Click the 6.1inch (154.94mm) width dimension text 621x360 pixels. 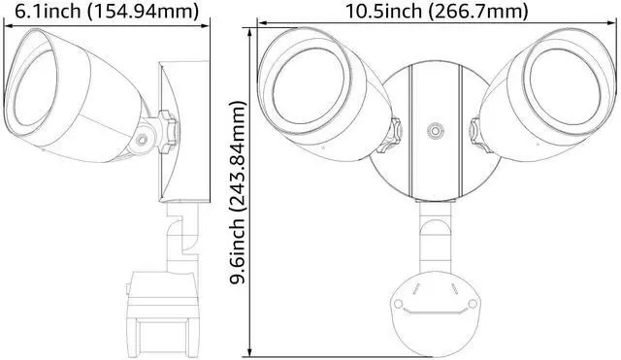click(106, 11)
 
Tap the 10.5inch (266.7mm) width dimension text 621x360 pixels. click(438, 11)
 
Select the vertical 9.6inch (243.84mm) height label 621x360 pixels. click(239, 193)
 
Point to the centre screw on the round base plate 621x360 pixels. click(436, 131)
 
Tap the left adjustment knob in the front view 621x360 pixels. click(390, 136)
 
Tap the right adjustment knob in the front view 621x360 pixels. click(480, 136)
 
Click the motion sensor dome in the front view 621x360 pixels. click(436, 313)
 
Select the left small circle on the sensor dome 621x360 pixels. click(398, 304)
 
